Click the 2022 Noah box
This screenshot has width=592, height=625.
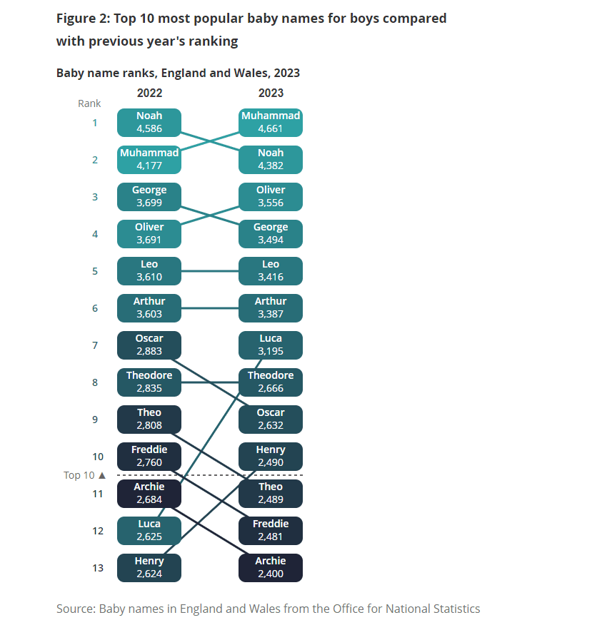[x=149, y=123]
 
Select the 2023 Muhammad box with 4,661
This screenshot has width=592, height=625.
[x=271, y=123]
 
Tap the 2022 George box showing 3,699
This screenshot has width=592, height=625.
[x=149, y=196]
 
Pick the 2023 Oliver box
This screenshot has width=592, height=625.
[x=271, y=196]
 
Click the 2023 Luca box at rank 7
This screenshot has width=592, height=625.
[x=271, y=345]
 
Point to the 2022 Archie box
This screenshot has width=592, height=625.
[x=149, y=493]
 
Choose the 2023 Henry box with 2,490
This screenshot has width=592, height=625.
[x=271, y=456]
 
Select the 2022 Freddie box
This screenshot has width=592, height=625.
[x=149, y=456]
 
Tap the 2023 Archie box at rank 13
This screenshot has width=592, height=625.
[x=271, y=567]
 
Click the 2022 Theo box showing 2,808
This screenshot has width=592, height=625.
[x=149, y=419]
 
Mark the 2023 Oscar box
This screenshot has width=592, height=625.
[x=271, y=419]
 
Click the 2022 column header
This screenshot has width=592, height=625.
[x=149, y=93]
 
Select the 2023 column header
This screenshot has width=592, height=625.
[x=271, y=93]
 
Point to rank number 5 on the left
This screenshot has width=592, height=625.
[x=95, y=271]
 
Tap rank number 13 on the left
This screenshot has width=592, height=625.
[x=98, y=568]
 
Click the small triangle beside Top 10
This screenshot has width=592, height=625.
[x=102, y=475]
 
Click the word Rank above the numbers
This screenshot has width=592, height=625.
[x=89, y=103]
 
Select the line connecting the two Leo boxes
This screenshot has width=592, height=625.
[x=210, y=271]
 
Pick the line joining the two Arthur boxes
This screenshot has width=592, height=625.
[x=210, y=308]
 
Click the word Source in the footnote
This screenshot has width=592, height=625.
[x=76, y=609]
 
